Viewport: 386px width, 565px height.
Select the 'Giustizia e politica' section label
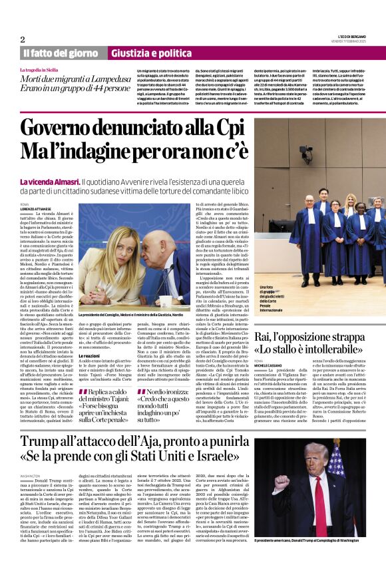point(142,53)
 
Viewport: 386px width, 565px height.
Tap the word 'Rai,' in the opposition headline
point(264,339)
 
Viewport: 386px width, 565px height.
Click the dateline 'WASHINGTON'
point(31,476)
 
